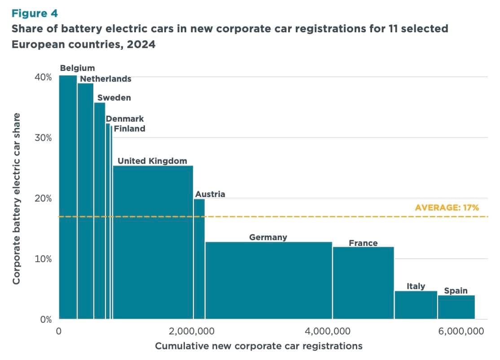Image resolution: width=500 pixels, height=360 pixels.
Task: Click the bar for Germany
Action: (x=268, y=281)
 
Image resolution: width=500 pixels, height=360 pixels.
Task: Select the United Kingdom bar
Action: (x=153, y=242)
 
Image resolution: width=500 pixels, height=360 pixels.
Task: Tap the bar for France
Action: (x=363, y=283)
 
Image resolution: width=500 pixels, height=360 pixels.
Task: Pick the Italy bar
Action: (x=416, y=305)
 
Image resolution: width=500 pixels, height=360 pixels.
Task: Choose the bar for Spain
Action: (x=456, y=307)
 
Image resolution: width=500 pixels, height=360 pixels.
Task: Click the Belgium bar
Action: (x=68, y=198)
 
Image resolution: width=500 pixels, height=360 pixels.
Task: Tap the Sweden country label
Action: (x=114, y=97)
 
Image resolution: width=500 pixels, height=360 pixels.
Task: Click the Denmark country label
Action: (x=125, y=119)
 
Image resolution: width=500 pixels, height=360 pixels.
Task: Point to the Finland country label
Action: (x=129, y=129)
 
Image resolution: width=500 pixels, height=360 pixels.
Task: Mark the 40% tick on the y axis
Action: (x=43, y=77)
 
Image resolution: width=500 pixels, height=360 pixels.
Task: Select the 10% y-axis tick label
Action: (x=43, y=259)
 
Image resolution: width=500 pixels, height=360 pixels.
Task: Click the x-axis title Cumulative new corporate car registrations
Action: (x=259, y=346)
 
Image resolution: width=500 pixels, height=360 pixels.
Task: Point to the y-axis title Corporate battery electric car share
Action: (x=17, y=198)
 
